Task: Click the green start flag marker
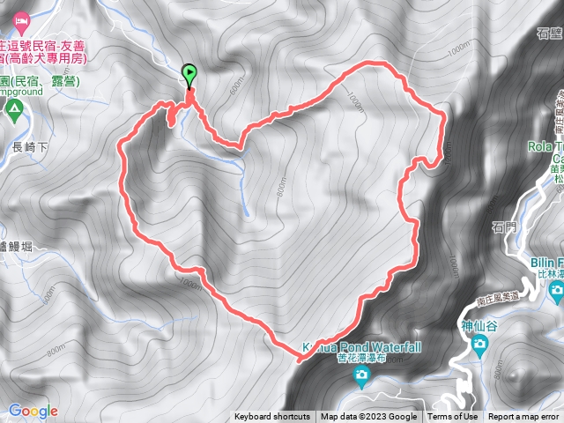[x=189, y=75]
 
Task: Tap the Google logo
[x=33, y=411]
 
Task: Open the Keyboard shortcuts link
[x=272, y=417]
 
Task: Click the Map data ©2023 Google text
[x=368, y=417]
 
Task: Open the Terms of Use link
[x=453, y=417]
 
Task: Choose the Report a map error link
[x=523, y=417]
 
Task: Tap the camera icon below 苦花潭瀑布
[x=361, y=376]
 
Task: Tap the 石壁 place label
[x=548, y=33]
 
